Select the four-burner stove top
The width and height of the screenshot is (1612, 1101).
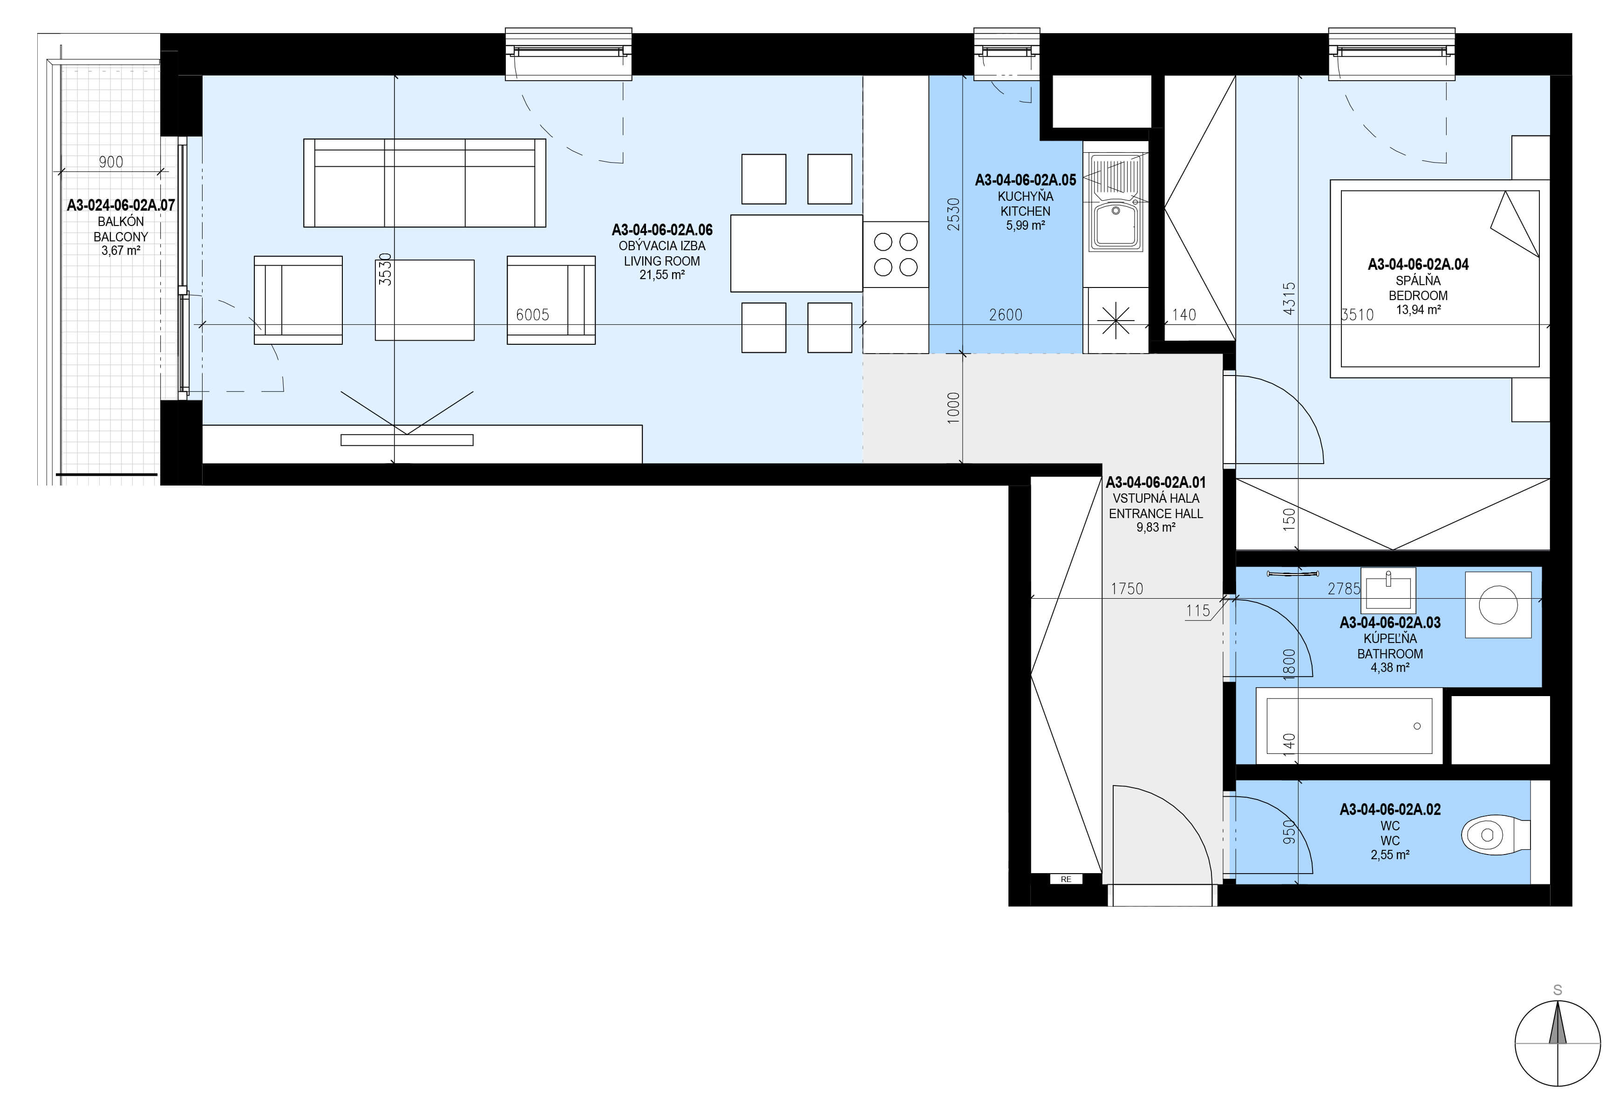click(x=896, y=254)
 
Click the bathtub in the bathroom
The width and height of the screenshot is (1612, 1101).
click(x=1349, y=725)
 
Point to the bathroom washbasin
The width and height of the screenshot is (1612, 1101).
click(x=1388, y=589)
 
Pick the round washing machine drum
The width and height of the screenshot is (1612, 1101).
click(x=1498, y=604)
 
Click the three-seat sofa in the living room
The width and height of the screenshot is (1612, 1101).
click(x=424, y=183)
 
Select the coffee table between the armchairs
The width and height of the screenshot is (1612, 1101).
click(x=424, y=300)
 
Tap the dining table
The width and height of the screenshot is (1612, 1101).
click(x=796, y=253)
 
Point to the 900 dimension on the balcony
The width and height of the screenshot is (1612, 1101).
click(x=111, y=162)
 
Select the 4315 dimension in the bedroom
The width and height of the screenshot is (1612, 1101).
click(x=1289, y=298)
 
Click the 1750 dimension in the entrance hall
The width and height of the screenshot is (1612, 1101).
click(x=1127, y=589)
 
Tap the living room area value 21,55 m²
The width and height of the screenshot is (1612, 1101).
click(x=662, y=275)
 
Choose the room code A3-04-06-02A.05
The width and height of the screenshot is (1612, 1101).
click(x=1025, y=180)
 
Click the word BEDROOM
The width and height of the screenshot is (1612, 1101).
click(x=1418, y=295)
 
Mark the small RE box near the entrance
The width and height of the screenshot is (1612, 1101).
click(x=1066, y=880)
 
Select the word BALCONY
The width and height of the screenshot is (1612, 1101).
click(x=121, y=237)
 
